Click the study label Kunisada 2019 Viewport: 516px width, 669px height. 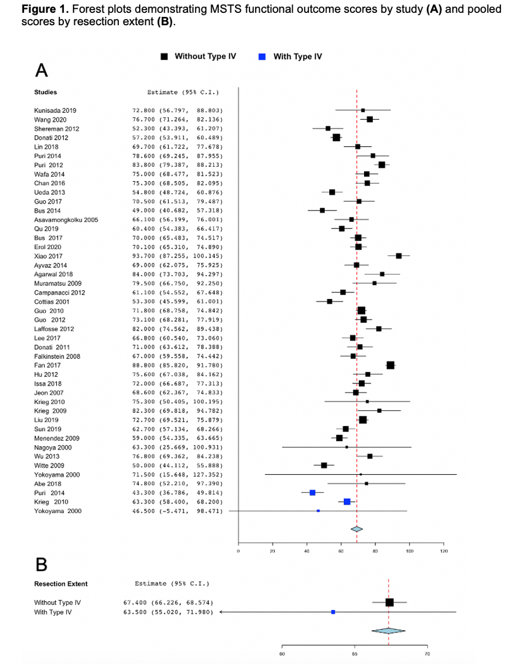[x=54, y=111]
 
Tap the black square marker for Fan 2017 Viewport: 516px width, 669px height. [x=390, y=365]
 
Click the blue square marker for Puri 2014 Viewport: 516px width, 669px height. [x=312, y=492]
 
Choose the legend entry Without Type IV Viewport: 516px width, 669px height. [x=200, y=57]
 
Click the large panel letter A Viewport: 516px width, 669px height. [x=42, y=71]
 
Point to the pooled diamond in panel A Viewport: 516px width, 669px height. [x=357, y=529]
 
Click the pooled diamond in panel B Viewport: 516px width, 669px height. [x=388, y=630]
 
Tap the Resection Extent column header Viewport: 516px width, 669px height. [x=61, y=584]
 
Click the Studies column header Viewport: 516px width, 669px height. [x=45, y=92]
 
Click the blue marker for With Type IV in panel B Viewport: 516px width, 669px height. [x=333, y=612]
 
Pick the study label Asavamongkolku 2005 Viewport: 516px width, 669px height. [x=66, y=219]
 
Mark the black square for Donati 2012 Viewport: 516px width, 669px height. [x=336, y=138]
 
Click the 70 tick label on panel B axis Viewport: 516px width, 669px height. [x=427, y=653]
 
